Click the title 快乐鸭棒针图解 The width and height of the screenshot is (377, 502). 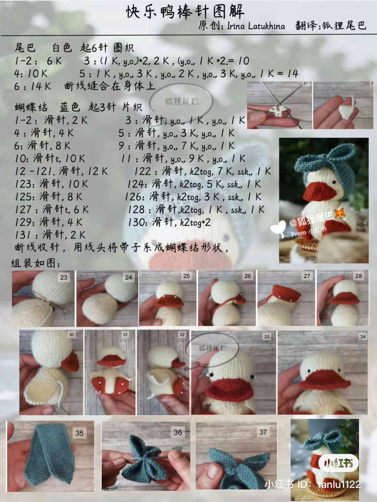pos(185,12)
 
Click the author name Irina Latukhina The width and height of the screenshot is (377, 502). pos(256,26)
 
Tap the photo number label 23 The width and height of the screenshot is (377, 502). pos(64,277)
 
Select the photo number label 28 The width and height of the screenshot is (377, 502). pos(358,276)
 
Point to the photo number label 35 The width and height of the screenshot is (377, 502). pos(80,433)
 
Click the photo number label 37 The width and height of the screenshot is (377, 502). pos(263,432)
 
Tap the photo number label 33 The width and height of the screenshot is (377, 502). pos(267,336)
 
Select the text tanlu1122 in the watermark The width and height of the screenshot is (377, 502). pos(339,484)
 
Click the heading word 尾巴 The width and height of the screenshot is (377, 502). pos(25,48)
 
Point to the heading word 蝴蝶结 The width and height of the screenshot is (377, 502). pos(31,107)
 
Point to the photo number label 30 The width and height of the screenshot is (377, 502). pos(71,335)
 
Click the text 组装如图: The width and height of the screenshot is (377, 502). pos(36,263)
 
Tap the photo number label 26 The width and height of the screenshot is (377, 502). pos(247,276)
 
